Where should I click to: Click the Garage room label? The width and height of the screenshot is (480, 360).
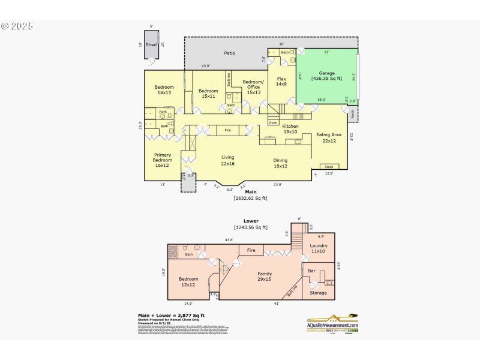pos(326,76)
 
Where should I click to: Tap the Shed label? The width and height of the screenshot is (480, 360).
pos(151,45)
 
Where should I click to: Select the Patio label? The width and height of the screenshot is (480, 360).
pos(229,53)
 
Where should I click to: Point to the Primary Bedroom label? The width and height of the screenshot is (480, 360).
pos(162,160)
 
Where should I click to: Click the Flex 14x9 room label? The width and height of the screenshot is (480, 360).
pos(281,82)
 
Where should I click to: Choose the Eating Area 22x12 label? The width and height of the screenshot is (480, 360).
pos(328,138)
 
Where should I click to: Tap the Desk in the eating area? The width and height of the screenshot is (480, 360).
pos(328,166)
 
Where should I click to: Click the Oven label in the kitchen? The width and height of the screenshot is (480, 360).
pos(273,122)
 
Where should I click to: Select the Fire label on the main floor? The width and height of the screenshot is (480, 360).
pos(227,130)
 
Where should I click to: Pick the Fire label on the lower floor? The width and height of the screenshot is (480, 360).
pos(251,250)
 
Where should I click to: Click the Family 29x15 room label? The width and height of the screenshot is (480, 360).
pos(265,277)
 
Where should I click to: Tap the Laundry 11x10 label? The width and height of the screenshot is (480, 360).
pos(318,249)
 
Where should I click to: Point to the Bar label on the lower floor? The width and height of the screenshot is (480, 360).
pos(311,271)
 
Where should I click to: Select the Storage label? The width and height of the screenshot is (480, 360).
pos(318,293)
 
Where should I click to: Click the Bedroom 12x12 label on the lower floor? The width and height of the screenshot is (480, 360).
pos(188,282)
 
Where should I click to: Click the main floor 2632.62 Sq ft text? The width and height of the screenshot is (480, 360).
pos(250,197)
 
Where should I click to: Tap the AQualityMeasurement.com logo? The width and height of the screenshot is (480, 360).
pos(332,323)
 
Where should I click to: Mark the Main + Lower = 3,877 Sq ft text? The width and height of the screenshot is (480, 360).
pos(171,315)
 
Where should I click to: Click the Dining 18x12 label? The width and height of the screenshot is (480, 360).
pos(280,163)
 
